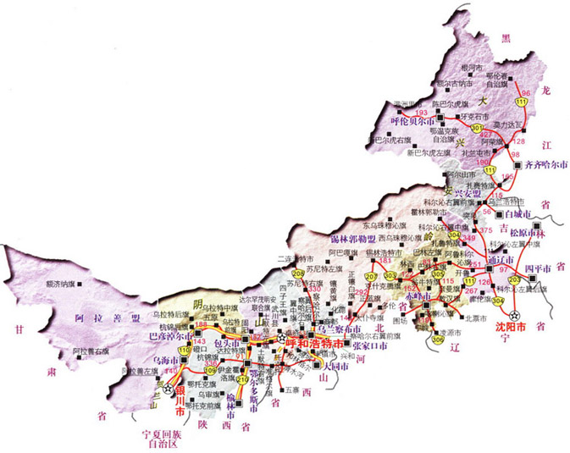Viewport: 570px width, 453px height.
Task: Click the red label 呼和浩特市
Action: (315, 344)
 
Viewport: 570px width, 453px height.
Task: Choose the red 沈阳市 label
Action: (510, 325)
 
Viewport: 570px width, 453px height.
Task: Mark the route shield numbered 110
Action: (185, 351)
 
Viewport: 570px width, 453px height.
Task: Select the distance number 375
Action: (485, 230)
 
